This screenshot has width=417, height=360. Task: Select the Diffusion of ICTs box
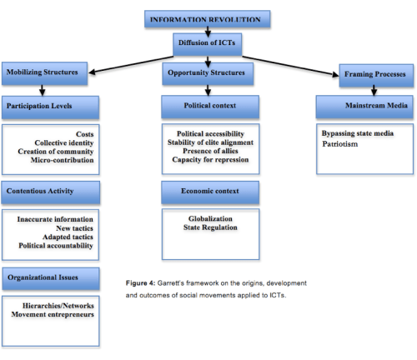[x=208, y=42]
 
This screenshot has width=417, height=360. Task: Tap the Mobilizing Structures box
[x=46, y=72]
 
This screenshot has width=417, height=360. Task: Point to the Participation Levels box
[x=51, y=106]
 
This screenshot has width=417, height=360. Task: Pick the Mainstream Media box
[x=365, y=106]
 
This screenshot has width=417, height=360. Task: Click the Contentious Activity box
[x=51, y=192]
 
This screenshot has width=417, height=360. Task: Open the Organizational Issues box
[x=51, y=275]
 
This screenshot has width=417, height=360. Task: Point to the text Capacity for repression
[x=205, y=160]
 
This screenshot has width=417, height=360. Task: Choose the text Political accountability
[x=56, y=246]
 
